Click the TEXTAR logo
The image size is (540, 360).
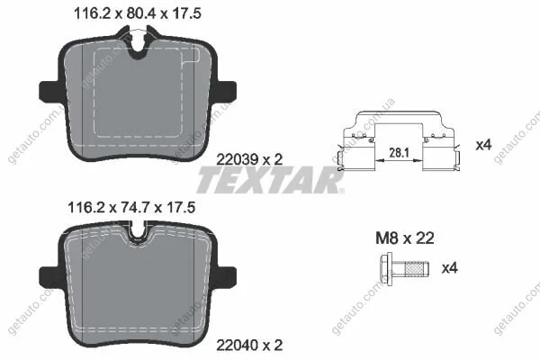point(270,180)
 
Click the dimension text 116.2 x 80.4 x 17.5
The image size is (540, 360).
point(138,13)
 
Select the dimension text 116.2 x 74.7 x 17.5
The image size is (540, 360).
point(131,207)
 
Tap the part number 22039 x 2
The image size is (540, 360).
point(249,159)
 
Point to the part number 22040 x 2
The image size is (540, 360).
point(249,345)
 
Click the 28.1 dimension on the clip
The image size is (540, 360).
point(399,152)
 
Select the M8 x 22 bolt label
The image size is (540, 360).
point(405,238)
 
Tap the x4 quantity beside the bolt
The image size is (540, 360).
point(449,267)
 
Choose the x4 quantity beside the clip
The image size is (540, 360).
point(483,145)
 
